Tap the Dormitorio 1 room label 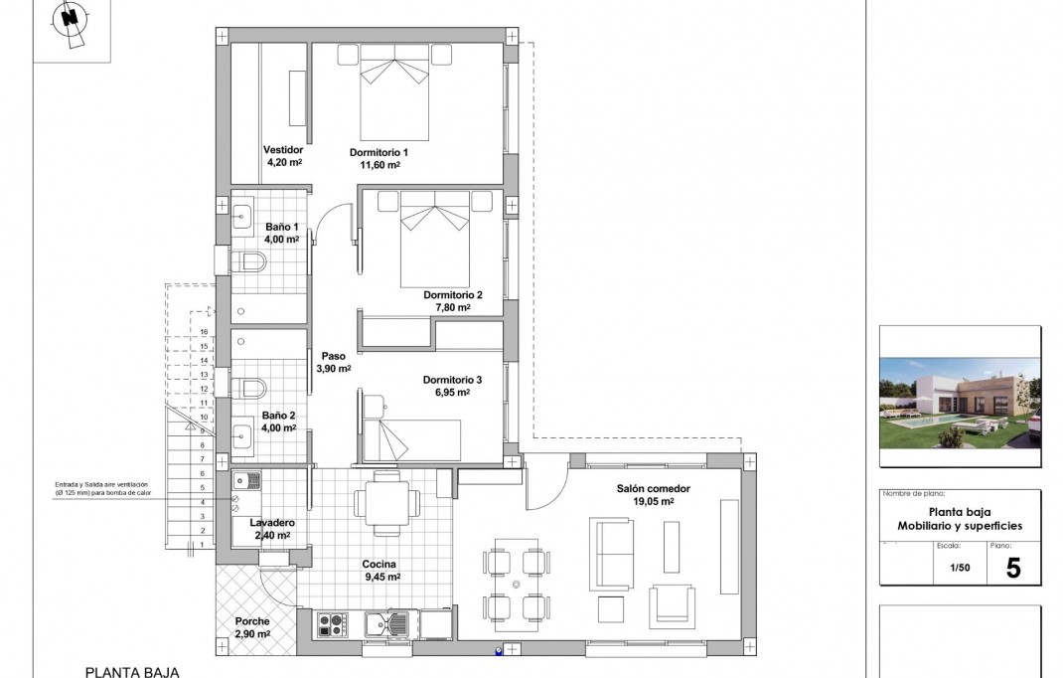click(379, 152)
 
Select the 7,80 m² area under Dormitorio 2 click(452, 308)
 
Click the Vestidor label click(282, 150)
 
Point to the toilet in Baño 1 click(248, 262)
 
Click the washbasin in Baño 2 click(241, 432)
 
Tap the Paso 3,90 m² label click(333, 361)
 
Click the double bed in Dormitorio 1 click(393, 94)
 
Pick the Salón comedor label click(647, 488)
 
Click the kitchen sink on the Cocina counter click(386, 625)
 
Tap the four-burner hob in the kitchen click(331, 625)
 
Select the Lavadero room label click(271, 522)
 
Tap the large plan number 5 click(1013, 568)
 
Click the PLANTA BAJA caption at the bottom click(131, 672)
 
